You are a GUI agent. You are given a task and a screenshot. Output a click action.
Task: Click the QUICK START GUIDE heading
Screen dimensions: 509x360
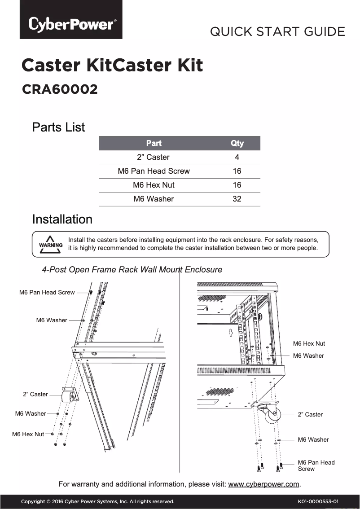click(x=277, y=32)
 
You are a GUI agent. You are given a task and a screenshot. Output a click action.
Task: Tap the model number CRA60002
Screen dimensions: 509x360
click(x=60, y=89)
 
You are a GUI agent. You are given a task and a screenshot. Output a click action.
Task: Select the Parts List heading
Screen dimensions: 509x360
click(x=58, y=127)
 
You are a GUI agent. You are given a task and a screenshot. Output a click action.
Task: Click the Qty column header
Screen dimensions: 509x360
click(x=237, y=143)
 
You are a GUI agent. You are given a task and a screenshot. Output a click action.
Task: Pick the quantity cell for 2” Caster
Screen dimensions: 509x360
click(x=237, y=157)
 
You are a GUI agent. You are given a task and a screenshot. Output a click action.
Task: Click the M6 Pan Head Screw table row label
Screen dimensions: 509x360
click(x=154, y=171)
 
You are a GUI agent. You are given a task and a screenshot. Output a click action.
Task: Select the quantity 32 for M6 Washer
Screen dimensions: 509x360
click(x=237, y=199)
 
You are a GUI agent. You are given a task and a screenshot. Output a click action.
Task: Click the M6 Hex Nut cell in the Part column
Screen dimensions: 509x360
click(x=154, y=185)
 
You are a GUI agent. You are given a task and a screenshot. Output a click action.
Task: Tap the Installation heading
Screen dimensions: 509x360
click(x=62, y=219)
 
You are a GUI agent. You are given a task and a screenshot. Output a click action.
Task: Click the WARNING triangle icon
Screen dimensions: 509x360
click(x=50, y=245)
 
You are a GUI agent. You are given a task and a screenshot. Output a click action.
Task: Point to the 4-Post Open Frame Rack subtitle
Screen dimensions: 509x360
click(x=132, y=270)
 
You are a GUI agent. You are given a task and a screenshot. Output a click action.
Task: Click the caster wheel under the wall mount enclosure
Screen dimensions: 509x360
click(x=272, y=416)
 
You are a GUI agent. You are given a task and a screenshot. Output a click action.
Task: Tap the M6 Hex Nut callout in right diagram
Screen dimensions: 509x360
click(x=309, y=343)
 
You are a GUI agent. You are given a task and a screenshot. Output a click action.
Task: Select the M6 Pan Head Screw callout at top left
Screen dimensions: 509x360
click(x=47, y=292)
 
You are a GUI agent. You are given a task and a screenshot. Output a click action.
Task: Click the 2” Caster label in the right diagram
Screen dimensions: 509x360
click(x=310, y=414)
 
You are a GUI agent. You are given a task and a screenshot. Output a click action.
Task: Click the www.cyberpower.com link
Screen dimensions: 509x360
click(x=263, y=484)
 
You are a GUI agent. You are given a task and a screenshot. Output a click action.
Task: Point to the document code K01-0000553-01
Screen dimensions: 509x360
click(x=318, y=501)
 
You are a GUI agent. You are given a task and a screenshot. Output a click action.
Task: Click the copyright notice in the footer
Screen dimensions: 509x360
click(x=97, y=501)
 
